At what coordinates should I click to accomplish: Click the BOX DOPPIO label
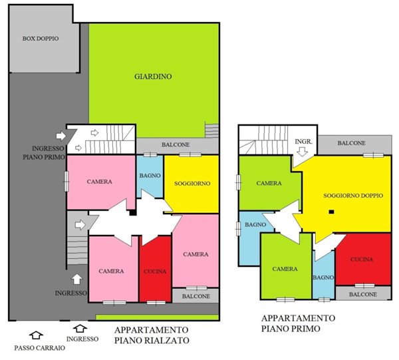point(41,39)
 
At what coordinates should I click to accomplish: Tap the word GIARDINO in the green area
point(153,77)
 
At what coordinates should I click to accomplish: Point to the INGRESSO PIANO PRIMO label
point(39,152)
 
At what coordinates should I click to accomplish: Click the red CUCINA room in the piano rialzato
point(155,270)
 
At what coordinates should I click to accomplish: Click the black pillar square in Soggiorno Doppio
point(331,212)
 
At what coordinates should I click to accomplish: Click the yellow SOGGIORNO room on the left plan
point(192,183)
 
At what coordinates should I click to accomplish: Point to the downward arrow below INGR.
point(302,152)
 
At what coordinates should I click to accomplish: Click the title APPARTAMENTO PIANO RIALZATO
point(151,335)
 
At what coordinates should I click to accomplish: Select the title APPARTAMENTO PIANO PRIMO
point(298,323)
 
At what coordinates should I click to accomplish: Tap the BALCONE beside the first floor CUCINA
point(363,293)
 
